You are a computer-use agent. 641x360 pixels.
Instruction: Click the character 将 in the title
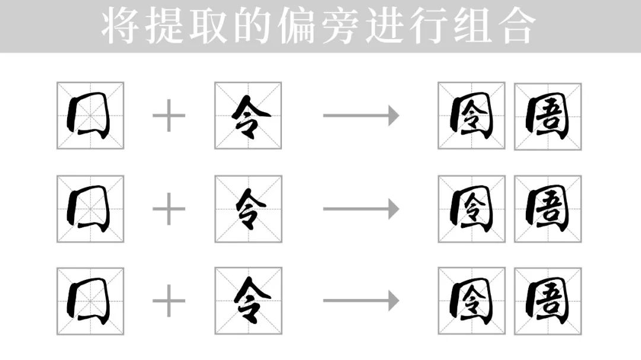pyautogui.click(x=122, y=26)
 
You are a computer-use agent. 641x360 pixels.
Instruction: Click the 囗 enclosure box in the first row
pyautogui.click(x=90, y=115)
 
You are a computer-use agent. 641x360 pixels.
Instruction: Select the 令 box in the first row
pyautogui.click(x=248, y=115)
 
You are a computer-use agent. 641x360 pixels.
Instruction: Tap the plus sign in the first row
pyautogui.click(x=169, y=115)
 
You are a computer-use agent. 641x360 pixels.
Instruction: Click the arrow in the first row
pyautogui.click(x=361, y=115)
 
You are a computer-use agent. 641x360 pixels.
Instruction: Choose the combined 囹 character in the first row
pyautogui.click(x=471, y=115)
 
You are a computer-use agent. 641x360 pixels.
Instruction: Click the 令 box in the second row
pyautogui.click(x=248, y=209)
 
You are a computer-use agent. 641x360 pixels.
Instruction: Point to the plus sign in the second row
pyautogui.click(x=169, y=209)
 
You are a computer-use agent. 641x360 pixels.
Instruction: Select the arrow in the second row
pyautogui.click(x=361, y=209)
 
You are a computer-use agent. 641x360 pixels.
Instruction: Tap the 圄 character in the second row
pyautogui.click(x=548, y=209)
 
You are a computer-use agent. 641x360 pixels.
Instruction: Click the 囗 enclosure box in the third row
pyautogui.click(x=90, y=301)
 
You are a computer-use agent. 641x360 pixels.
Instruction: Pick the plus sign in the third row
pyautogui.click(x=169, y=301)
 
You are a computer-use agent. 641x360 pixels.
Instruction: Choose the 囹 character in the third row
pyautogui.click(x=471, y=301)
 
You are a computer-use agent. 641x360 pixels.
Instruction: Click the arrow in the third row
pyautogui.click(x=361, y=301)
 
